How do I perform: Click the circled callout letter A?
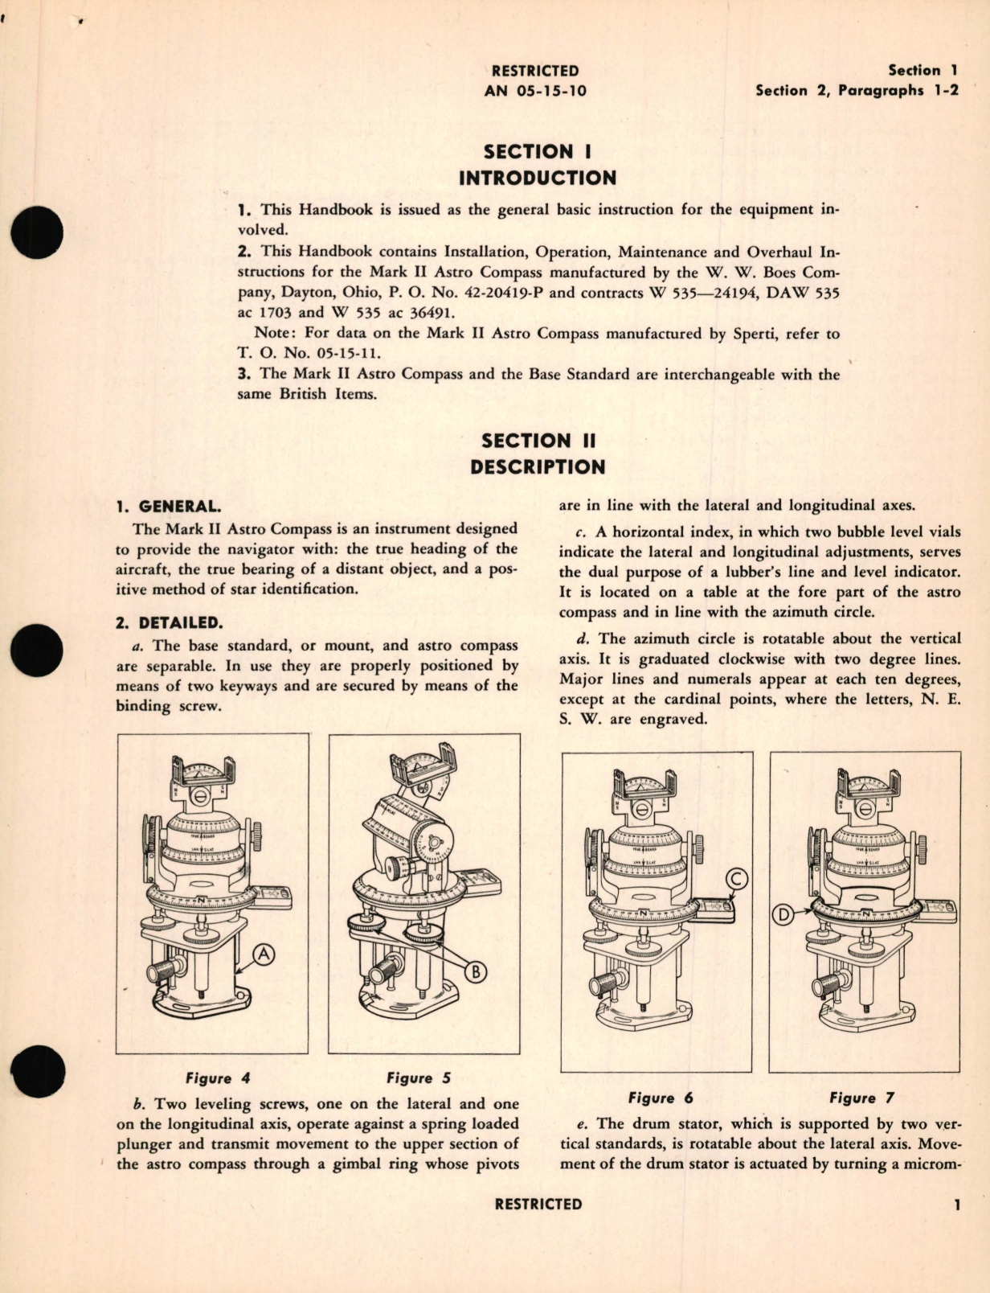click(x=264, y=954)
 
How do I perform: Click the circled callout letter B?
click(x=476, y=972)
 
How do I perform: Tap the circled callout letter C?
click(x=735, y=880)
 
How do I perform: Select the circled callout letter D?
click(x=783, y=914)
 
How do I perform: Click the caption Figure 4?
click(x=208, y=1078)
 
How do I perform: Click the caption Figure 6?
click(x=660, y=1098)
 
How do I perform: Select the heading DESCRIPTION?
click(x=537, y=467)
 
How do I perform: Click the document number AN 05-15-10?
click(x=535, y=91)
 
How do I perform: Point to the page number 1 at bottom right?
click(x=956, y=1205)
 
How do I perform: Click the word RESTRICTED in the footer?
click(x=538, y=1205)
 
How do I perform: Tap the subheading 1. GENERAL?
click(x=168, y=507)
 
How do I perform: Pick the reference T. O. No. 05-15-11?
click(x=309, y=353)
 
